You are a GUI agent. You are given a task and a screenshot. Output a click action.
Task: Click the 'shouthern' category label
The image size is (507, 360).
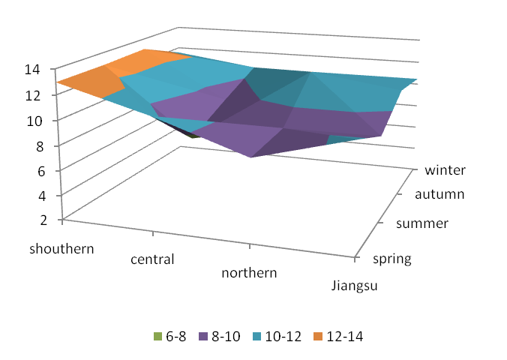click(62, 248)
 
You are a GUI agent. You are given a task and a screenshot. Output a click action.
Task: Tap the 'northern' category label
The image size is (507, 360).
click(249, 272)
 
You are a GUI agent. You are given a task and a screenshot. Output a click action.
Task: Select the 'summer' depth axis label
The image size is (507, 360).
click(422, 223)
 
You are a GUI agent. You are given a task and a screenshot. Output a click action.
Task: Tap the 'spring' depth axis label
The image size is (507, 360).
click(391, 259)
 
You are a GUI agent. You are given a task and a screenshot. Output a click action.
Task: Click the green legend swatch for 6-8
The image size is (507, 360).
click(157, 337)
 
